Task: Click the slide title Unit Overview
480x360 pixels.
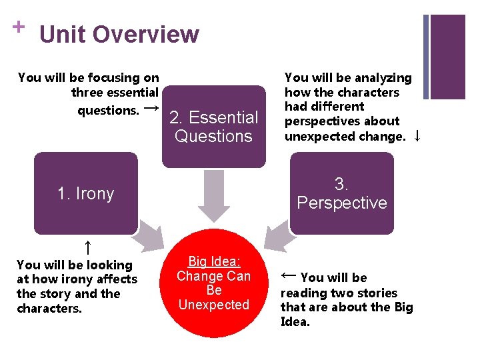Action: [119, 34]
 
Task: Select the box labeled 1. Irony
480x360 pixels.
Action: [85, 193]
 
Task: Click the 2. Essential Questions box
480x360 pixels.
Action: [213, 127]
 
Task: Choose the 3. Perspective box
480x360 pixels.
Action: [342, 193]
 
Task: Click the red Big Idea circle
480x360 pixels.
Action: [213, 283]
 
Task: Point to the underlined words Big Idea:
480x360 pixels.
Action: [213, 261]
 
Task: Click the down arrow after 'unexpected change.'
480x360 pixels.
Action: [417, 136]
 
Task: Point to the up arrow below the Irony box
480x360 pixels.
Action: [87, 249]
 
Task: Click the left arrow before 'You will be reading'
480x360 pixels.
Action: [288, 275]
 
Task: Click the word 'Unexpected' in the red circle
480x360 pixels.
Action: [213, 305]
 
